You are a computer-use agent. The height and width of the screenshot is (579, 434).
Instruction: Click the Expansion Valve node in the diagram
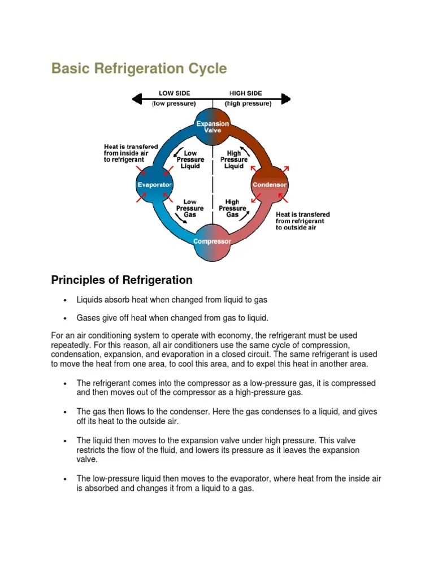pyautogui.click(x=212, y=127)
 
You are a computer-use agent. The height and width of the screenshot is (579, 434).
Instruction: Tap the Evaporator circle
pyautogui.click(x=155, y=185)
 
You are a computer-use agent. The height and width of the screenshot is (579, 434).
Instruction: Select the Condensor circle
pyautogui.click(x=270, y=185)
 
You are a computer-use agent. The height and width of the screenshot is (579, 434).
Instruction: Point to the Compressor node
pyautogui.click(x=212, y=241)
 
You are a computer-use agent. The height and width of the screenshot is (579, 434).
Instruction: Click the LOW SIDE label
pyautogui.click(x=174, y=93)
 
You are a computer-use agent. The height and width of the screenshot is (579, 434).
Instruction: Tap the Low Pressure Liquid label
pyautogui.click(x=190, y=159)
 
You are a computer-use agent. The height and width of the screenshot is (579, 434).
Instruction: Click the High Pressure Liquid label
pyautogui.click(x=234, y=159)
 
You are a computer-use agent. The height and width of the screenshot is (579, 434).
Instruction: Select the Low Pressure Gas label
pyautogui.click(x=190, y=208)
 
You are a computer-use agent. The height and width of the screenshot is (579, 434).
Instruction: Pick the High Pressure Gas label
pyautogui.click(x=232, y=208)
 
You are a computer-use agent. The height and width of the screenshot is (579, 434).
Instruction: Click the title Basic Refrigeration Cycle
pyautogui.click(x=139, y=69)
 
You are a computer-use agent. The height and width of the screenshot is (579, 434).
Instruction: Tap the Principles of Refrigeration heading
pyautogui.click(x=121, y=280)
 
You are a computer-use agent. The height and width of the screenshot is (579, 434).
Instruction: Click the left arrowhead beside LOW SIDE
pyautogui.click(x=136, y=99)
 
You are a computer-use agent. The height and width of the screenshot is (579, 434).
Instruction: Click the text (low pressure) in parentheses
pyautogui.click(x=174, y=104)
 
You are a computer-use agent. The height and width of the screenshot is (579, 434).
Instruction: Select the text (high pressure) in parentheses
pyautogui.click(x=248, y=104)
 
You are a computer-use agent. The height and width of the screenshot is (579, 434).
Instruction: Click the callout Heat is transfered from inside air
pyautogui.click(x=131, y=153)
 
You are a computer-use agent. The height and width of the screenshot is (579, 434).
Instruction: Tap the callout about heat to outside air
pyautogui.click(x=302, y=221)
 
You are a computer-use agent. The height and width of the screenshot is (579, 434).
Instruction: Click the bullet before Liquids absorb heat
pyautogui.click(x=66, y=300)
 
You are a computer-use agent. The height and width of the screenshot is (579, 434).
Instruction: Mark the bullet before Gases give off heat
pyautogui.click(x=66, y=318)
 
